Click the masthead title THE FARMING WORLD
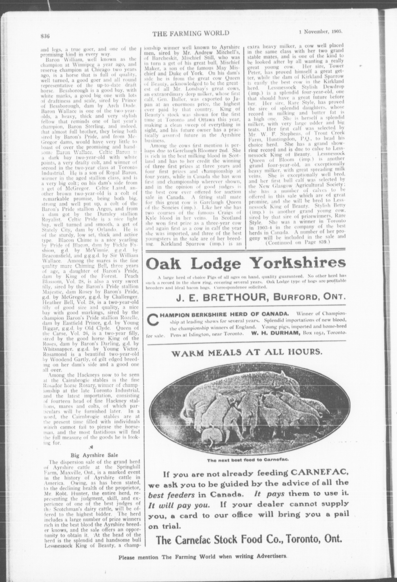(x=191, y=33)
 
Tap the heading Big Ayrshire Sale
(x=94, y=455)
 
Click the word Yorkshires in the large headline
(x=299, y=263)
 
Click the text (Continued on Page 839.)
(x=297, y=242)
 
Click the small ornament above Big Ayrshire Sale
(x=91, y=447)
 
